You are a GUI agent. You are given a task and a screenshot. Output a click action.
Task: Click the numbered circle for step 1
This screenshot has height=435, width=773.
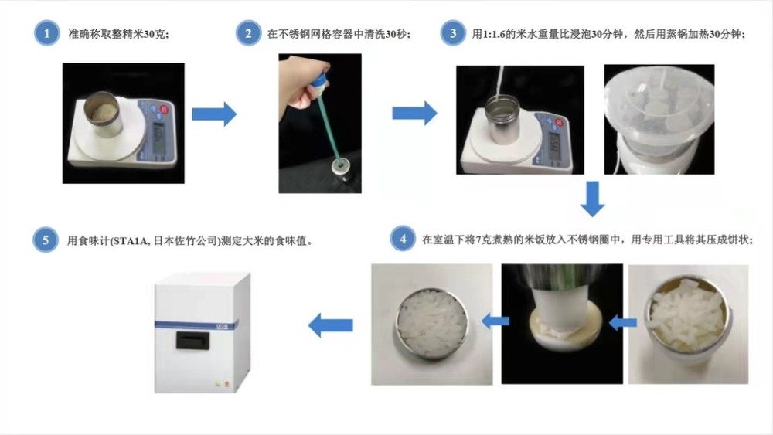(47, 35)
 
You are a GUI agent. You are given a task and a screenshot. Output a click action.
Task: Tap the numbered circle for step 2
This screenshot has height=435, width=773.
(248, 35)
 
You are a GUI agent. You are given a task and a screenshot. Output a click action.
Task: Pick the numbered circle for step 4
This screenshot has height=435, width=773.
(403, 240)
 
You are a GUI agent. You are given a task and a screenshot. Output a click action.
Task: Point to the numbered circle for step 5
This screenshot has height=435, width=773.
(47, 240)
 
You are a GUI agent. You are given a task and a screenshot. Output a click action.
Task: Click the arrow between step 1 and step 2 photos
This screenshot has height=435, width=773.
(213, 114)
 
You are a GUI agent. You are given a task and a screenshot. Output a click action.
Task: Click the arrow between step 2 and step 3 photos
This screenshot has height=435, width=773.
(414, 114)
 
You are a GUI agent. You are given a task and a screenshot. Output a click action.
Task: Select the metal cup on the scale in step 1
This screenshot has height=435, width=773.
(101, 114)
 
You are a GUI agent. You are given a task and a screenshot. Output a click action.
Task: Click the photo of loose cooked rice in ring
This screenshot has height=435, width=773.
(687, 324)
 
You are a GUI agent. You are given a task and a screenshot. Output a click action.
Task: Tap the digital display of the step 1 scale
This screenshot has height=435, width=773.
(158, 140)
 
